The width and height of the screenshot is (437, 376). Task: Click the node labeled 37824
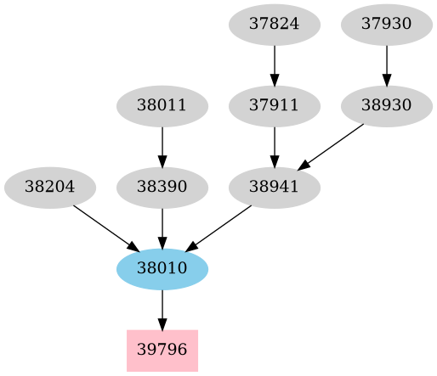[x=275, y=24]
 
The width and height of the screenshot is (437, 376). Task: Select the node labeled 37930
[x=387, y=24]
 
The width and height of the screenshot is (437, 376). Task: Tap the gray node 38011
[x=162, y=106]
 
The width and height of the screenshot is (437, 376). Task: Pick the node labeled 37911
[x=275, y=106]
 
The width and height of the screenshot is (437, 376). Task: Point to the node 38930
[x=387, y=106]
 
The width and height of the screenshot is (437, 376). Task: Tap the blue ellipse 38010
[x=162, y=269]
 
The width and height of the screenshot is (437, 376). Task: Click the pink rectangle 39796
[x=162, y=351]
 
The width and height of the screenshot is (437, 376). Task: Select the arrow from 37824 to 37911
[x=275, y=65]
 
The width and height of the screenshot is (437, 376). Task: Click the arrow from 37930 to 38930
[x=387, y=65]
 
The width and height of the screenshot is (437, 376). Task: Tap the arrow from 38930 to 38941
[x=331, y=147]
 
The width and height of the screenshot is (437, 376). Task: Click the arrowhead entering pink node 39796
[x=162, y=323]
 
